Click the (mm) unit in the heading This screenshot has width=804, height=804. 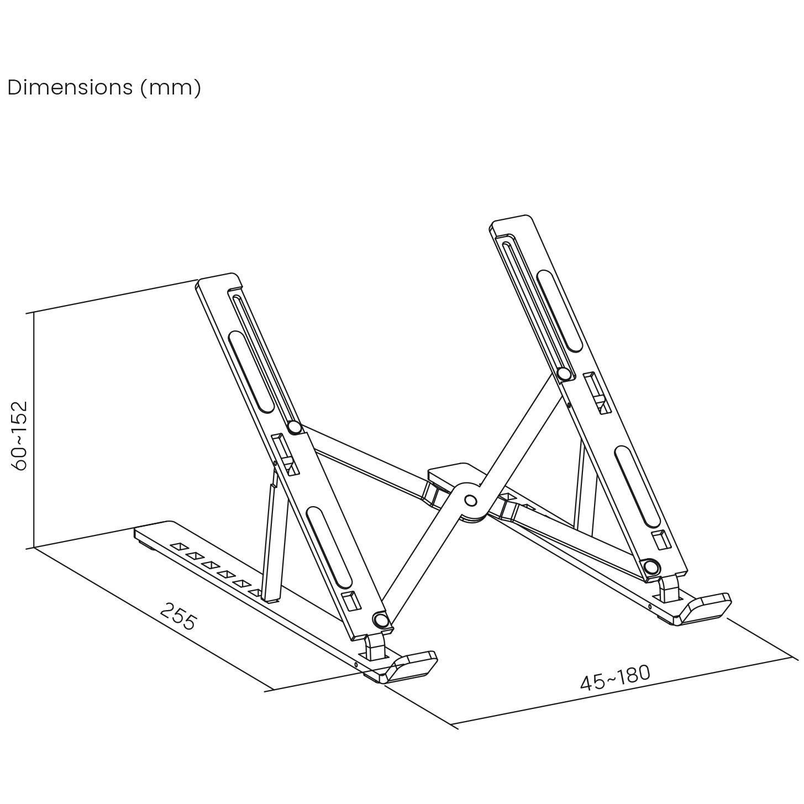pos(171,87)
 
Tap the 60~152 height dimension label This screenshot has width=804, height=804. pos(20,436)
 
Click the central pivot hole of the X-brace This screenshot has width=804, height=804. pos(470,501)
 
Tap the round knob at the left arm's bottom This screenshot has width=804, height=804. pos(380,620)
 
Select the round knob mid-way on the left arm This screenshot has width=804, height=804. pos(294,427)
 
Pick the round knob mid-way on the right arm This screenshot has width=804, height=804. pos(564,374)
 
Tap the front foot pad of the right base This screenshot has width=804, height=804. pos(706,606)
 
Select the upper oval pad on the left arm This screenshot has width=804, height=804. pos(250,372)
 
